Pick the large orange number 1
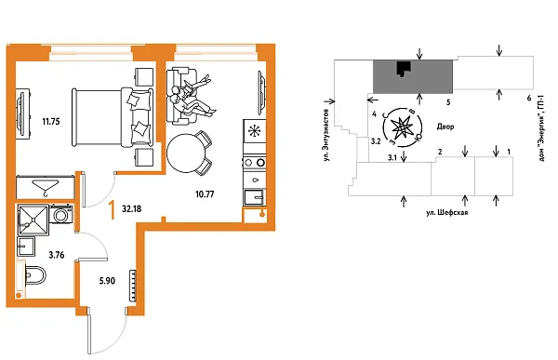(x=113, y=209)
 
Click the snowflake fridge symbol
(x=253, y=132)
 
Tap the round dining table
(x=189, y=152)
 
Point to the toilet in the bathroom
(x=35, y=276)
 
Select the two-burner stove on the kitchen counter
(x=253, y=166)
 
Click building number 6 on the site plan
(x=528, y=98)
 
